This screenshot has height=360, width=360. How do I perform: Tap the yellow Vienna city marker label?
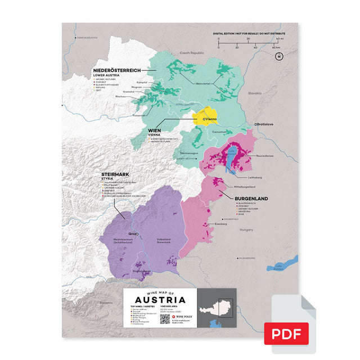pyautogui.click(x=210, y=119)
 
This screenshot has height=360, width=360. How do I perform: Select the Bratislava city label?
pyautogui.click(x=264, y=123)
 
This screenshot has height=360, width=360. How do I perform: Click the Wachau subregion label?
pyautogui.click(x=120, y=97)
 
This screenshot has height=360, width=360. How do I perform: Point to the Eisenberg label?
pyautogui.click(x=220, y=224)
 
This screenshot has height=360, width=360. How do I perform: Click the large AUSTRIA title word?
pyautogui.click(x=159, y=301)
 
